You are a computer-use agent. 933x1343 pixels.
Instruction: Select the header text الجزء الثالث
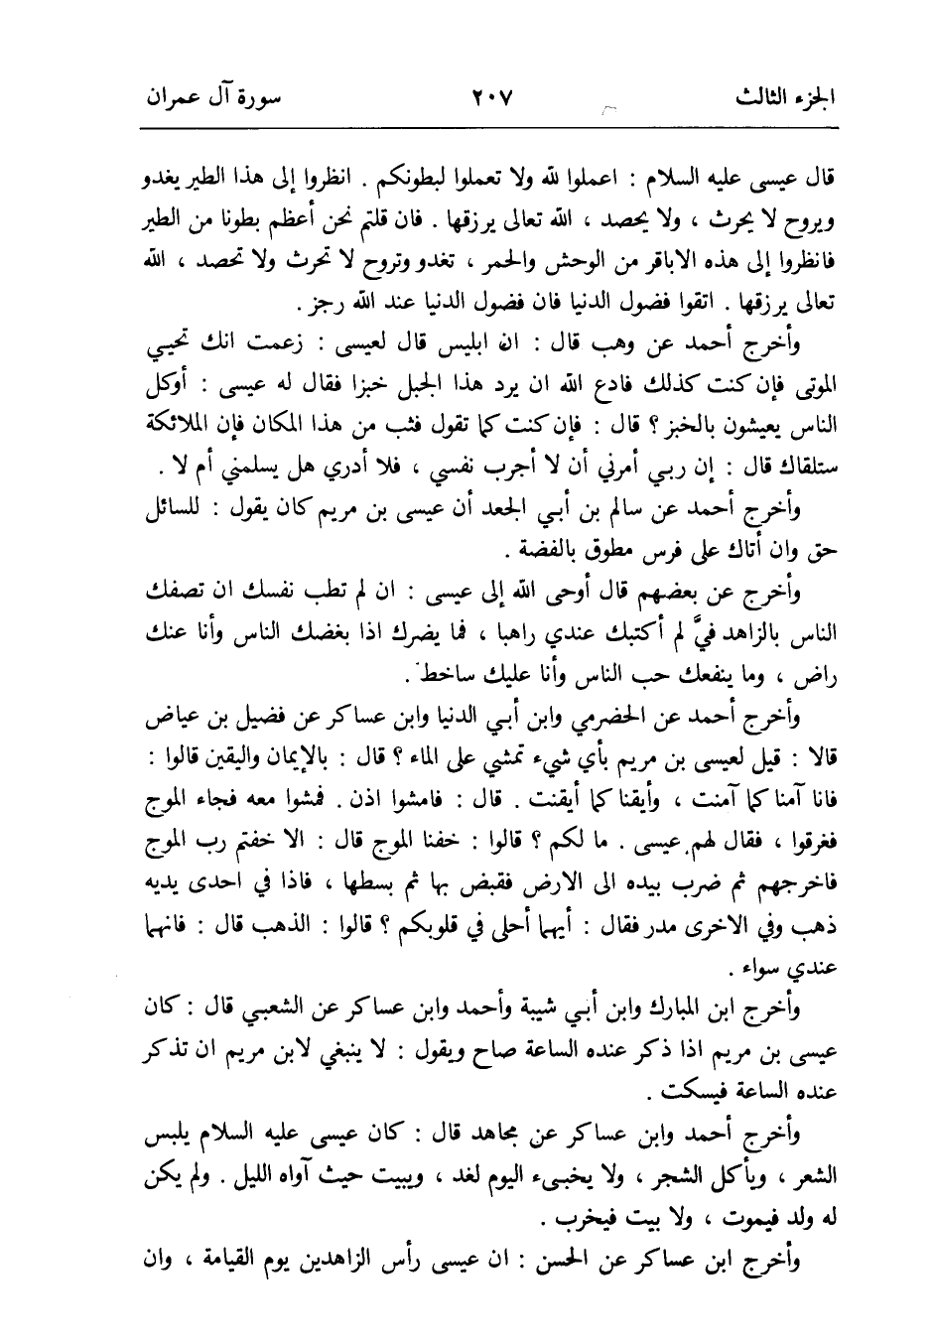[x=784, y=99]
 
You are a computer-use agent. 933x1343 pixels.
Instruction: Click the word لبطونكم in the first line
[x=496, y=183]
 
